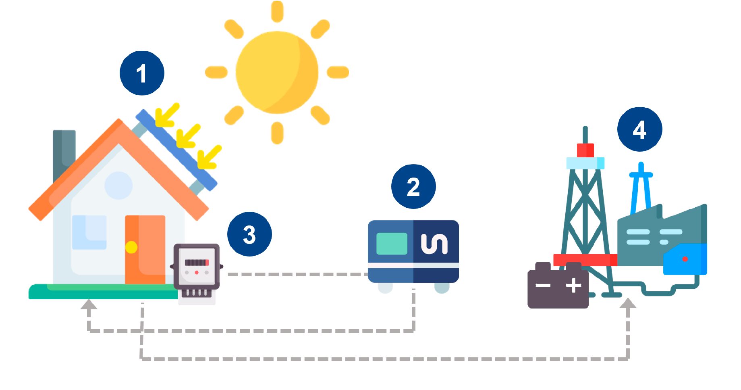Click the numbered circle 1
pyautogui.click(x=142, y=73)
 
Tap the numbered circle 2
pyautogui.click(x=413, y=186)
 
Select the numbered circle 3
pyautogui.click(x=249, y=234)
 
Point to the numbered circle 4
pyautogui.click(x=639, y=129)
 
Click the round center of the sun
pyautogui.click(x=277, y=73)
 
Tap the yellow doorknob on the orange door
pyautogui.click(x=131, y=247)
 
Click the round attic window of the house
pyautogui.click(x=118, y=186)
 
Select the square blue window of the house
pyautogui.click(x=89, y=232)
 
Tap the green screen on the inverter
pyautogui.click(x=392, y=244)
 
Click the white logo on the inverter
pyautogui.click(x=434, y=244)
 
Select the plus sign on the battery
pyautogui.click(x=573, y=286)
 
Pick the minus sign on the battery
pyautogui.click(x=543, y=286)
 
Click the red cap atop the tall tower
pyautogui.click(x=585, y=150)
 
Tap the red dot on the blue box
pyautogui.click(x=685, y=259)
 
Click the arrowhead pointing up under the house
pyautogui.click(x=89, y=304)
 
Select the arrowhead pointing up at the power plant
pyautogui.click(x=628, y=303)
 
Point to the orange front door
pyautogui.click(x=145, y=250)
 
